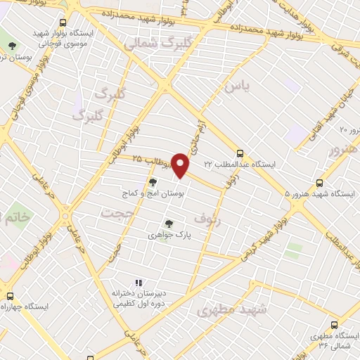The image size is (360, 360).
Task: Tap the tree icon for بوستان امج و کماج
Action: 153,181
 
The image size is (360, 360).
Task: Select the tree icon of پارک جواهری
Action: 167,224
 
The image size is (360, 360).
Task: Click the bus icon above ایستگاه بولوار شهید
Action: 64,22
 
